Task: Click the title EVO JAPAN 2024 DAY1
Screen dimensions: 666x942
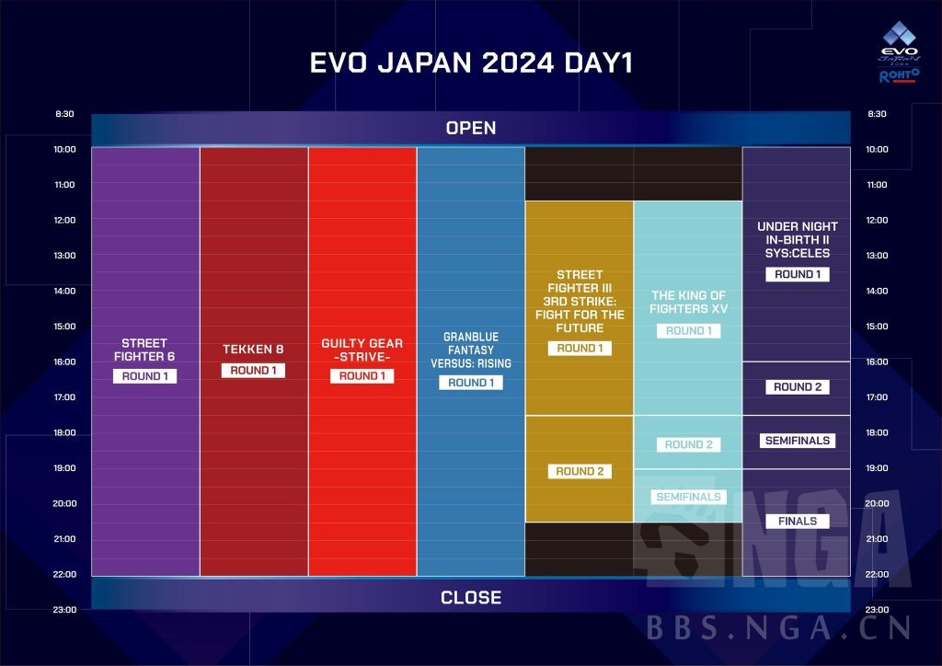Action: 470,63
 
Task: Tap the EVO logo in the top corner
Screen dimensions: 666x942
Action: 899,58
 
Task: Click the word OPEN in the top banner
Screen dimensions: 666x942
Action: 470,128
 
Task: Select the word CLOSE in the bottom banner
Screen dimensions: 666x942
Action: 470,598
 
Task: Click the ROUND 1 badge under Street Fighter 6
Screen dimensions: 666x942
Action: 145,376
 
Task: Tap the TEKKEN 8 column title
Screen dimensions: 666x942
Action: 254,350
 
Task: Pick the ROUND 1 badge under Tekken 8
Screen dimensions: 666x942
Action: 254,371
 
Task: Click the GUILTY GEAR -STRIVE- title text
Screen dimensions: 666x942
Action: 362,350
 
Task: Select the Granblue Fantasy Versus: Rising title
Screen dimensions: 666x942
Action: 471,350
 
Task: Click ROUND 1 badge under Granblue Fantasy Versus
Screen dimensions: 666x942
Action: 471,383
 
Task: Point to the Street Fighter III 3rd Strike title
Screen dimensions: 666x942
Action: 580,301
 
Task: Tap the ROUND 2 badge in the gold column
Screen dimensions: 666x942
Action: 580,471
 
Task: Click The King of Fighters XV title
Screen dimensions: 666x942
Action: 688,302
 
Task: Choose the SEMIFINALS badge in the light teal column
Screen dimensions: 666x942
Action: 688,497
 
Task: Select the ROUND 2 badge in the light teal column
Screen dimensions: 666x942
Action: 688,444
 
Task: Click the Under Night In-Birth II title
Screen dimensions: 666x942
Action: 797,239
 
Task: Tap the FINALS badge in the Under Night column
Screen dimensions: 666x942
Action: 797,522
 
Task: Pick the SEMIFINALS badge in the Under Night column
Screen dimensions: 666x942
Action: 797,441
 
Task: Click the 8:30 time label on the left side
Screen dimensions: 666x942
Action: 64,114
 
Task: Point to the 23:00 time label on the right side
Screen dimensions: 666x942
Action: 877,609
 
